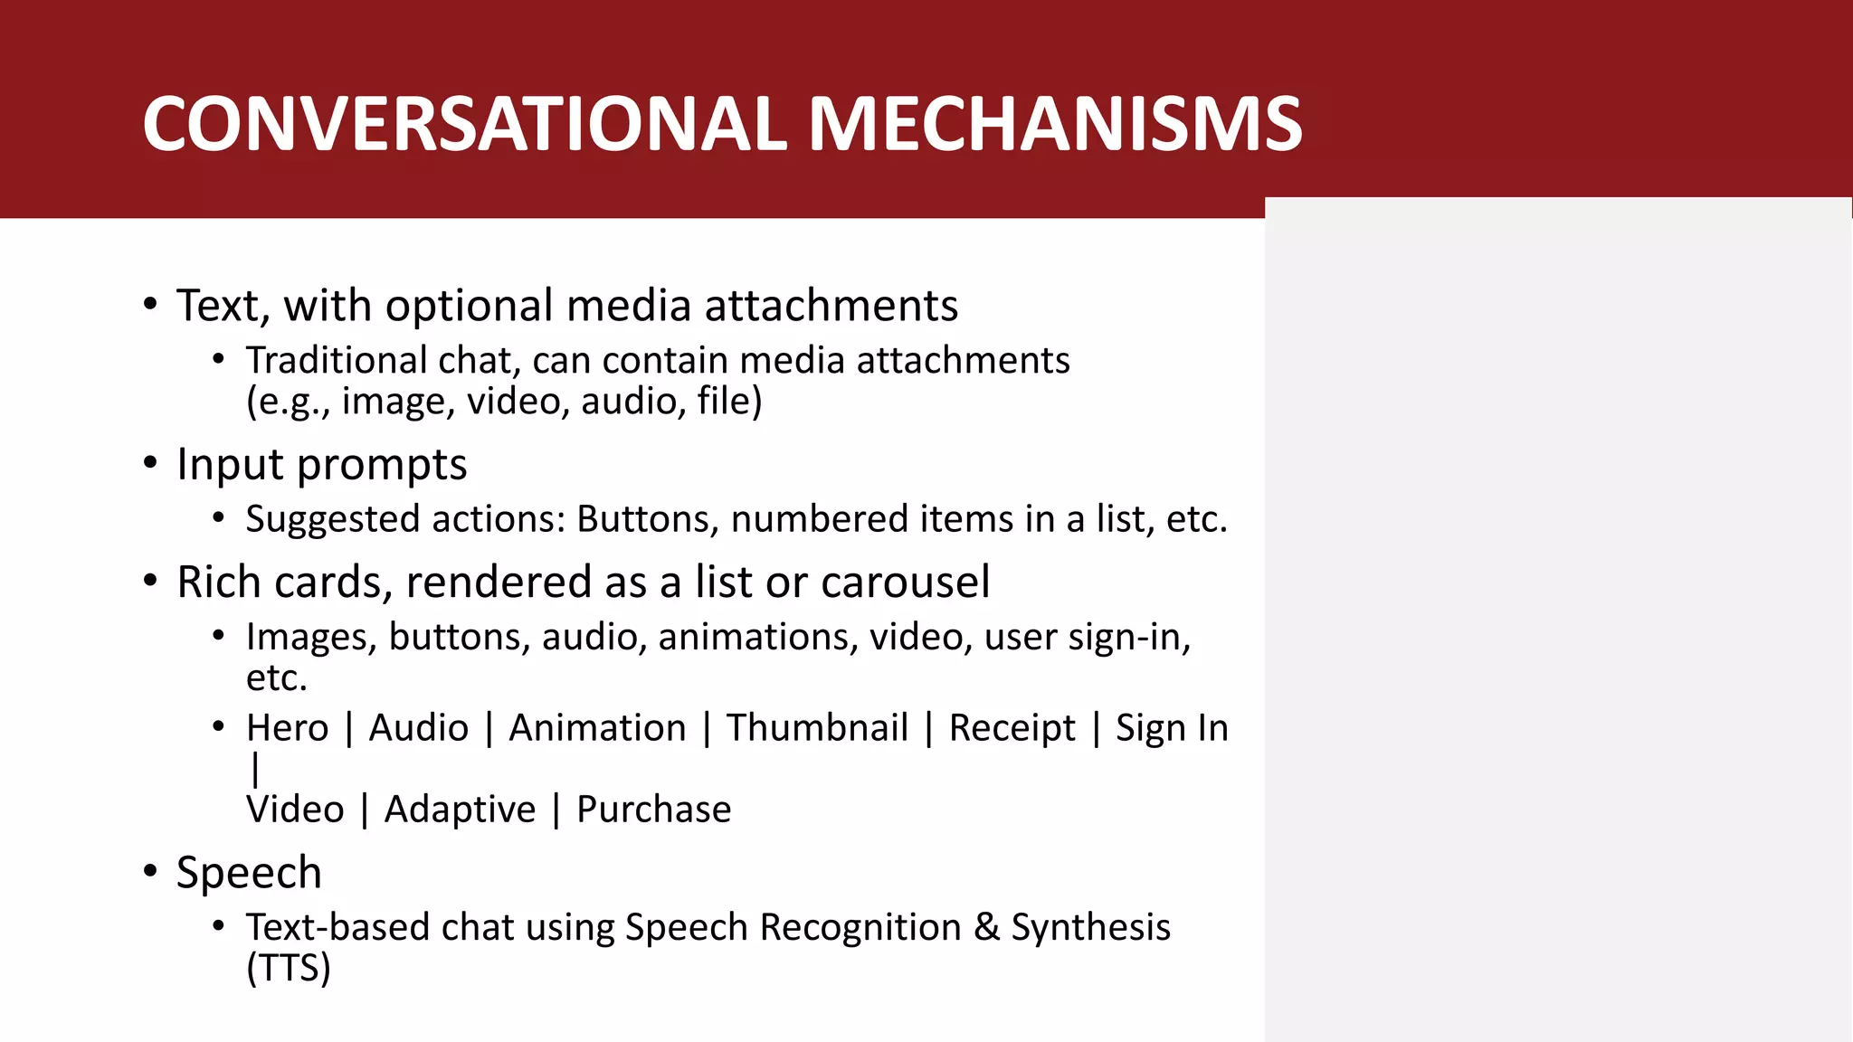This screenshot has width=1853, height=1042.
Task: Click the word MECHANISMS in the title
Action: tap(1055, 125)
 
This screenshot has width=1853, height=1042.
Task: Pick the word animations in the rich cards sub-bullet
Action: tap(757, 638)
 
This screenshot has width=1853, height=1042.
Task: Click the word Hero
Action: tap(287, 728)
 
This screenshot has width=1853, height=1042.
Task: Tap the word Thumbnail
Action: tap(817, 728)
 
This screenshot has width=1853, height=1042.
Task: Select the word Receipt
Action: tap(1012, 729)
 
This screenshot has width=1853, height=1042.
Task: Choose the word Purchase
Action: tap(653, 810)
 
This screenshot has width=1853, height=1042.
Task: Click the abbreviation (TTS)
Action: tap(289, 969)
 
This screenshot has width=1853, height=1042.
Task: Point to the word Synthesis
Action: tap(1090, 928)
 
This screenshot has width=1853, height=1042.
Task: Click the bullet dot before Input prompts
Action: tap(150, 463)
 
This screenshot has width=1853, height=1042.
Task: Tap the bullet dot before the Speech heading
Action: tap(150, 872)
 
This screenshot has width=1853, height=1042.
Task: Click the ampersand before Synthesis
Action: tap(986, 928)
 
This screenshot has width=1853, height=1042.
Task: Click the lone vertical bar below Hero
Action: tap(255, 770)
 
